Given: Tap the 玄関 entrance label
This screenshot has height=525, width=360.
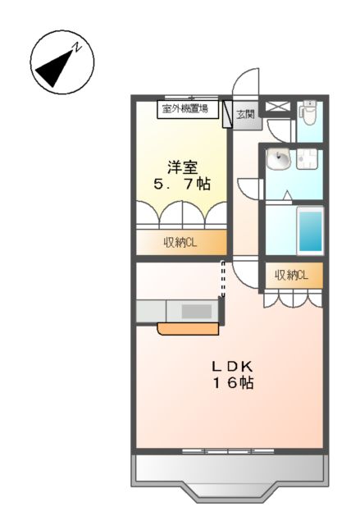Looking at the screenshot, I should [x=245, y=115].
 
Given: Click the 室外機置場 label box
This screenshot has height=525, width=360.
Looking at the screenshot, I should [x=184, y=108].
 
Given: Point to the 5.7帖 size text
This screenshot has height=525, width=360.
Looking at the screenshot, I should [x=182, y=184].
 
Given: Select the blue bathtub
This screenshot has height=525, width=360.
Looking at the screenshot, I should [x=309, y=231].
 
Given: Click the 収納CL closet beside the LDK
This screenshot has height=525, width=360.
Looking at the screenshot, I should [x=291, y=276].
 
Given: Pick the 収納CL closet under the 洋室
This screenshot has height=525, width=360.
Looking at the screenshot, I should [x=181, y=242].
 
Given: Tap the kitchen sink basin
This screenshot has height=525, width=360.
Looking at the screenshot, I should [x=195, y=312].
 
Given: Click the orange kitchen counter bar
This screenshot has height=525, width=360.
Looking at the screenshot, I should [x=189, y=329].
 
